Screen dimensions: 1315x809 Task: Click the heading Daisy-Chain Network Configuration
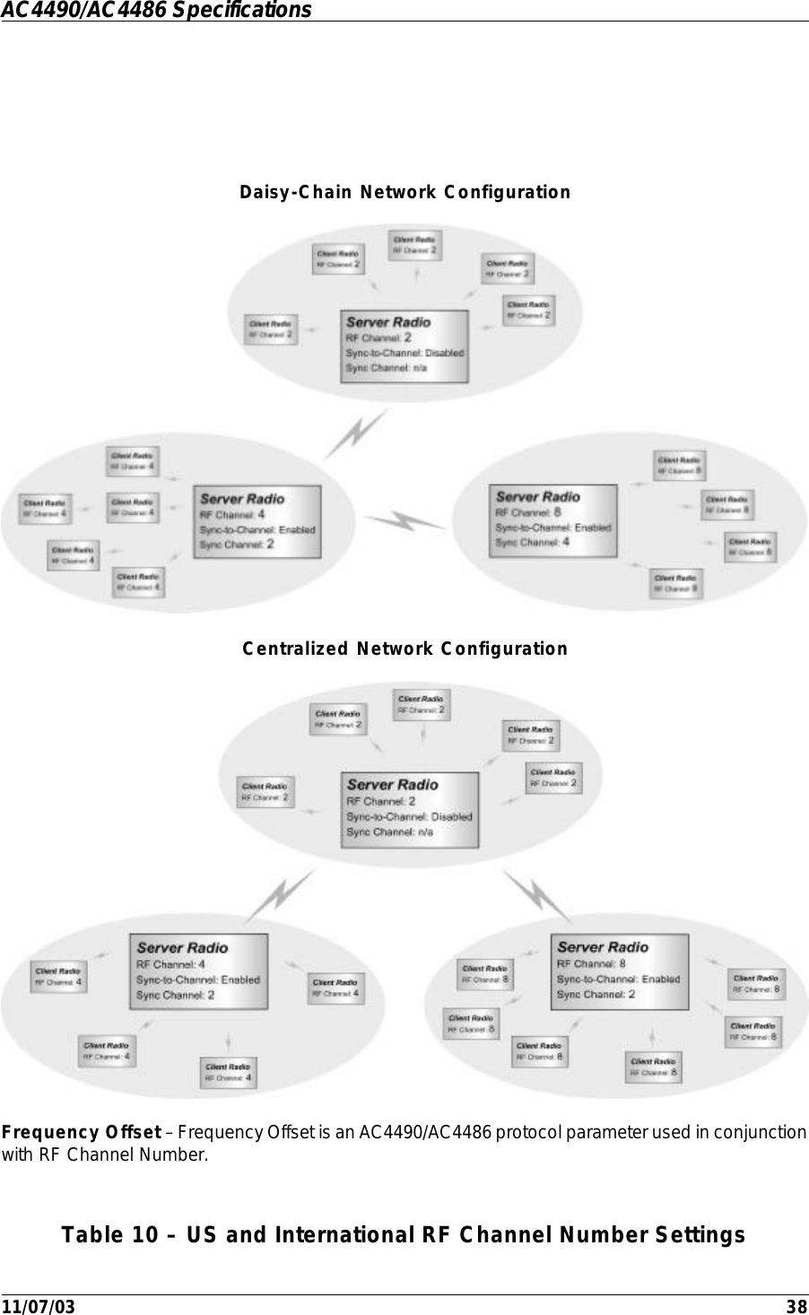click(x=404, y=193)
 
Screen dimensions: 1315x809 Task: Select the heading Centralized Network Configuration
click(x=404, y=649)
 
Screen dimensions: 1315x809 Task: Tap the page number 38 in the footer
click(x=796, y=1306)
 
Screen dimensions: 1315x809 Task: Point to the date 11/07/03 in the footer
click(x=39, y=1306)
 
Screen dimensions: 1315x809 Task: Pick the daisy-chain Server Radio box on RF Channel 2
click(x=404, y=345)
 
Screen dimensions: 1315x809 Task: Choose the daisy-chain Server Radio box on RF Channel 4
click(x=257, y=521)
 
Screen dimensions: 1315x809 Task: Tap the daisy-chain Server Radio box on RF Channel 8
click(x=553, y=520)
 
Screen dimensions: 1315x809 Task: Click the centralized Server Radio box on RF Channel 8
click(x=620, y=971)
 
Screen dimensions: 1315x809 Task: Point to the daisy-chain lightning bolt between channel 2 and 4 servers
click(x=359, y=433)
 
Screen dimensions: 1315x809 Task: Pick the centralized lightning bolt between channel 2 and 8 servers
click(x=536, y=895)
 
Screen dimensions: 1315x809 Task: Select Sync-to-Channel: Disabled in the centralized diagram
click(x=409, y=816)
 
